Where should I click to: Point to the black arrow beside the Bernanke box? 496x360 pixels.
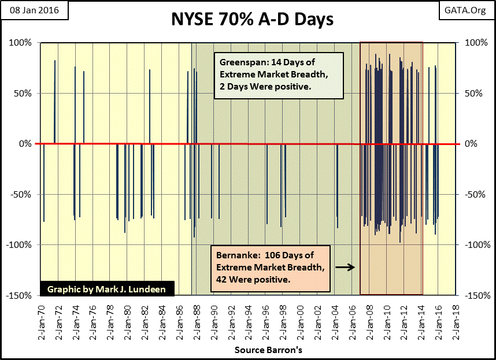[x=345, y=267]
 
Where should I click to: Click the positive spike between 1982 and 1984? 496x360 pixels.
[x=150, y=107]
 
